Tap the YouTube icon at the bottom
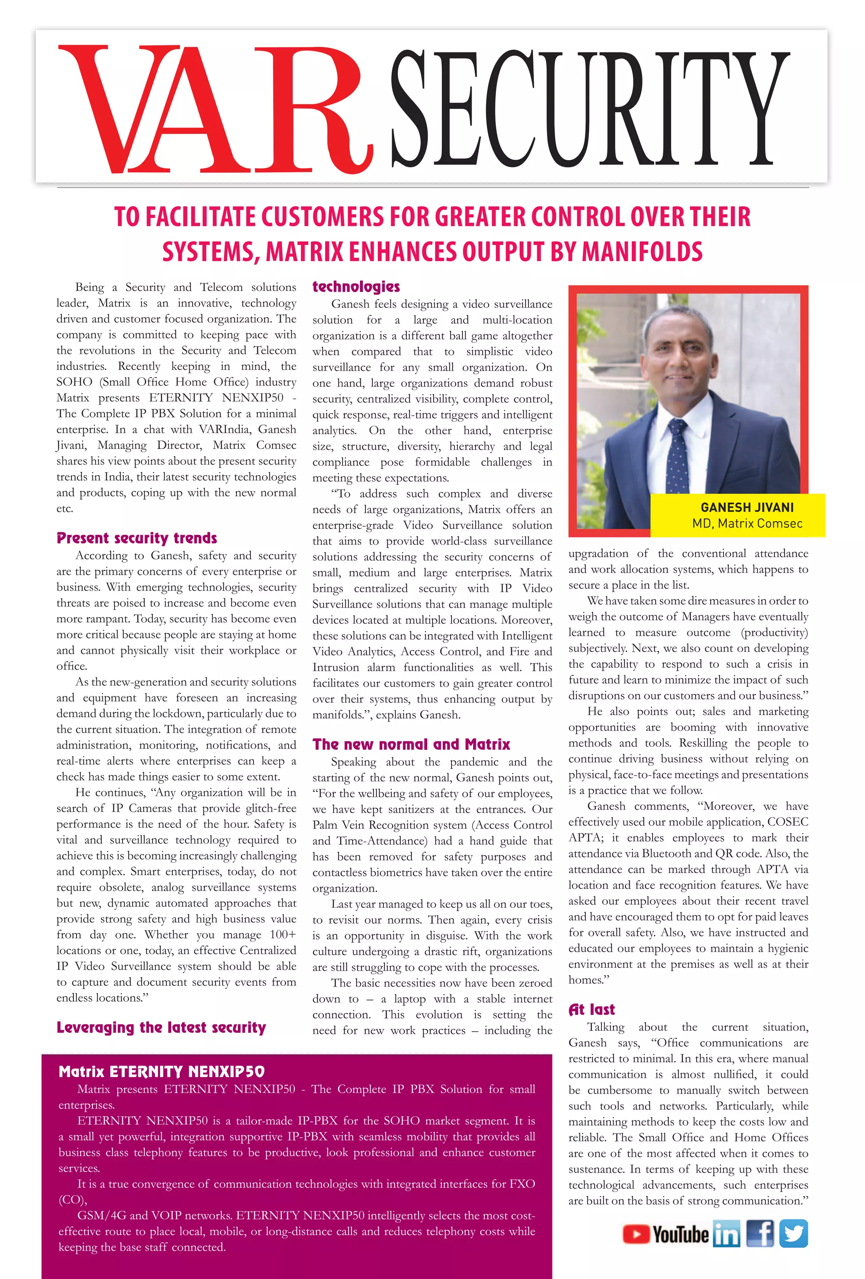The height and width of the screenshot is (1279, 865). pyautogui.click(x=665, y=1234)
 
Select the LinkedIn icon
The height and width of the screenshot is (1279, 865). pyautogui.click(x=726, y=1234)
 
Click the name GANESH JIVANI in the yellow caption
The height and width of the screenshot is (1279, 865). pyautogui.click(x=747, y=507)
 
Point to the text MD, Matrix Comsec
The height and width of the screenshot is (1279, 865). pyautogui.click(x=747, y=523)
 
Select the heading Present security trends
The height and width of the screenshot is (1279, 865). pyautogui.click(x=136, y=538)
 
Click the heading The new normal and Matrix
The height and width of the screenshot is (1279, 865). pyautogui.click(x=411, y=744)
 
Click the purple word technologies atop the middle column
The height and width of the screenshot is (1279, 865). pyautogui.click(x=356, y=286)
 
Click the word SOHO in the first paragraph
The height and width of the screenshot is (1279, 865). pyautogui.click(x=74, y=382)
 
